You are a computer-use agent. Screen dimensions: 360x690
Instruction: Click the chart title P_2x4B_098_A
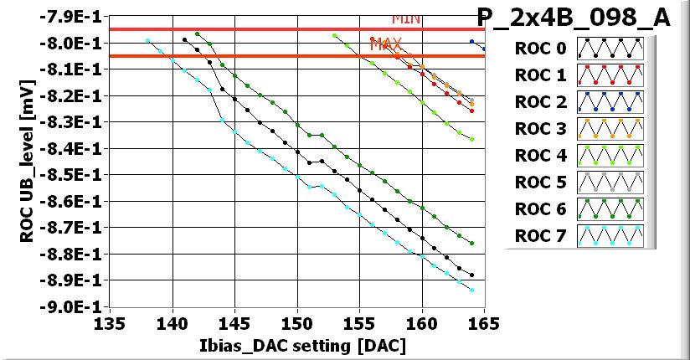(x=574, y=18)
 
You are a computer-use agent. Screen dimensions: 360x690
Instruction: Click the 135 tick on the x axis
(x=110, y=324)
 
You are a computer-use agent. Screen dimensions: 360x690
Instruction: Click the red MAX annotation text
(x=386, y=43)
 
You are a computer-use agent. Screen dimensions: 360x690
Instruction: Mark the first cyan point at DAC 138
(x=147, y=40)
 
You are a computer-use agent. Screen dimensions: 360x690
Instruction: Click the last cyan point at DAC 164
(x=472, y=290)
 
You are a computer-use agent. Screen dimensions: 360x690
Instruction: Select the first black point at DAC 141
(x=185, y=39)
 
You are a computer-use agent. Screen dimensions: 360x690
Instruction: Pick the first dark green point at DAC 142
(x=198, y=34)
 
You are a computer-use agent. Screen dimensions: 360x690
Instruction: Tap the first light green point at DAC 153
(x=335, y=36)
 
